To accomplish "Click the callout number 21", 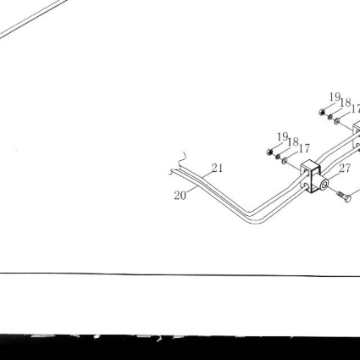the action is tap(217, 168).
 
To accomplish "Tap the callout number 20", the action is tap(180, 196).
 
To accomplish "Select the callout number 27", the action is tap(345, 169).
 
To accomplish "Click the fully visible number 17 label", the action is tap(304, 148).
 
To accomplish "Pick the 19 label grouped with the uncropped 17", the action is tap(282, 137).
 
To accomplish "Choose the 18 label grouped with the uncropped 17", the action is tap(293, 142).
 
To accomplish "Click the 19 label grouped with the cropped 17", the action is tap(335, 97).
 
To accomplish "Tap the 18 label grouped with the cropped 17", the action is tap(346, 102).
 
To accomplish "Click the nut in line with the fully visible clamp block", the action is tap(269, 152).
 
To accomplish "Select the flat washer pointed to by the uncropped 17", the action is tap(285, 161).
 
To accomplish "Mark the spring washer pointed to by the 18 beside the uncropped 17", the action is tap(278, 157).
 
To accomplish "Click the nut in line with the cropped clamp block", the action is tap(322, 113).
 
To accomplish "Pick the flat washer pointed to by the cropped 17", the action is tap(337, 121).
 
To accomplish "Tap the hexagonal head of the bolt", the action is tap(348, 198).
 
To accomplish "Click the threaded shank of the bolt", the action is tap(341, 195).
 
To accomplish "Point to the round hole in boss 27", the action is tap(324, 186).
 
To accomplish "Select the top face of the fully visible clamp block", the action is tap(310, 163).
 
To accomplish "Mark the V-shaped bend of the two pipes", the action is tap(253, 217).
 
